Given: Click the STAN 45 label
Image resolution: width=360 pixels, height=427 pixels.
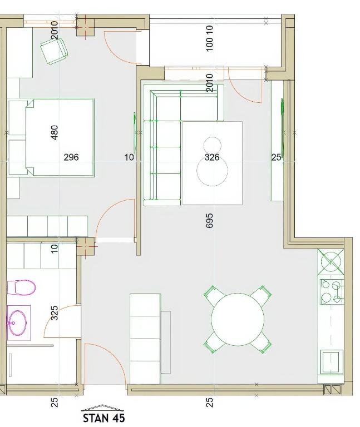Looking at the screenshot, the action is [x=104, y=418].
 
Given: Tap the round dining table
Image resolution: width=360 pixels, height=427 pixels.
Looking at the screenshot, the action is [x=238, y=320].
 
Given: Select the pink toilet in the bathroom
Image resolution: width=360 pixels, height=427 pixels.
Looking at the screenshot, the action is [x=21, y=287].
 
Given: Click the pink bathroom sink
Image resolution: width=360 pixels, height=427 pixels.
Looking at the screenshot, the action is [x=17, y=323].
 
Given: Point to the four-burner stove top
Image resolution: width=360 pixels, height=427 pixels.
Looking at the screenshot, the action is [x=332, y=292].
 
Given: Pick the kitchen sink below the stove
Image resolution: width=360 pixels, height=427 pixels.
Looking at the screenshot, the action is [x=331, y=362].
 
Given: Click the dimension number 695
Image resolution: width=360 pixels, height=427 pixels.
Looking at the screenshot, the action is [x=209, y=220].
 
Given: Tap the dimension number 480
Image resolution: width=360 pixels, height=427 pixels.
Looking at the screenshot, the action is [x=55, y=132].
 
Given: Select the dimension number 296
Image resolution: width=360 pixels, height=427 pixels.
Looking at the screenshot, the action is [x=71, y=157].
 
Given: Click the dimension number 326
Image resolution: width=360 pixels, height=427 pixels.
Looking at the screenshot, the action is [x=212, y=157].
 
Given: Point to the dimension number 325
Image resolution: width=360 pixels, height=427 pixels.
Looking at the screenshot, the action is [x=55, y=313].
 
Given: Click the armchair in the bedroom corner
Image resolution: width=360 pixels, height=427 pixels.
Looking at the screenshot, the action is [x=54, y=51].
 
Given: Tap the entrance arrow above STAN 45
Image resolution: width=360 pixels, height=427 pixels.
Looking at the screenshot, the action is [x=102, y=408].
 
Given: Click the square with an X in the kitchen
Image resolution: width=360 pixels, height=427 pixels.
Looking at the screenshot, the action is [x=331, y=262].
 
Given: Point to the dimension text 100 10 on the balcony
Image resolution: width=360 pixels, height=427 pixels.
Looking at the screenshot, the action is [x=209, y=38].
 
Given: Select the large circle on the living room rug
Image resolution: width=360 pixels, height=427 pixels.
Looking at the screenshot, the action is [x=213, y=171].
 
